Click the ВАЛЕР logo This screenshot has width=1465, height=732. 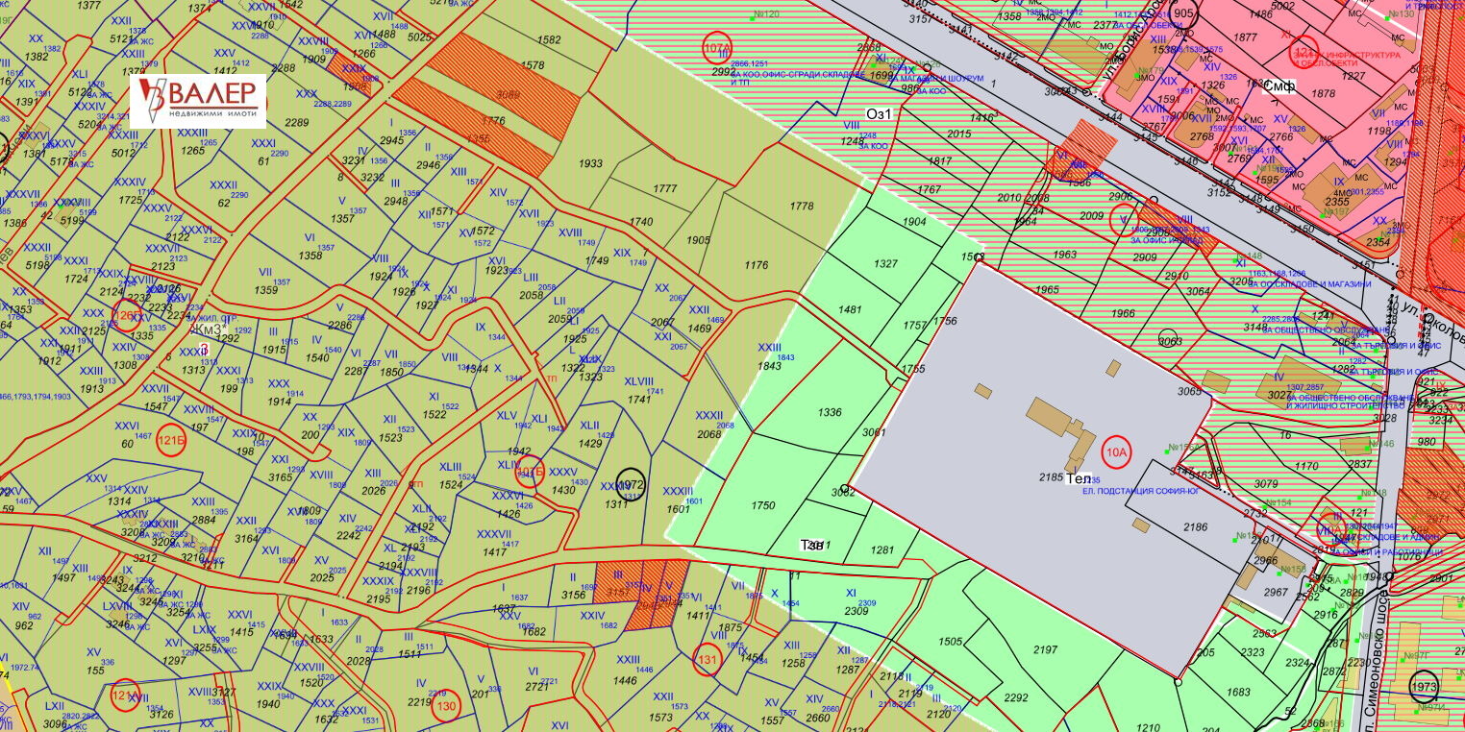(198, 101)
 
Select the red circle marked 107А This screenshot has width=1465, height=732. (718, 47)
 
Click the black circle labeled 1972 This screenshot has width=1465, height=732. (631, 484)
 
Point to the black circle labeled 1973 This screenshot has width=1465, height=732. (1425, 686)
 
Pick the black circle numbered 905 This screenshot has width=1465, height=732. (1184, 13)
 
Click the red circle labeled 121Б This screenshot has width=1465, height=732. (171, 438)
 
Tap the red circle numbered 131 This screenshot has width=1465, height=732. (708, 659)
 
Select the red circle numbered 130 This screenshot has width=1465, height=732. (446, 706)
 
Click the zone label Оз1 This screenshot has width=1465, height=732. (880, 113)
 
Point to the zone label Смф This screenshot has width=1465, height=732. (1279, 85)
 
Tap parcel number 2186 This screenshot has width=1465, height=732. (1195, 527)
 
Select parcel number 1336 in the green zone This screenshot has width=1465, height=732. (830, 412)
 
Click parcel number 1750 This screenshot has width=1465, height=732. (763, 505)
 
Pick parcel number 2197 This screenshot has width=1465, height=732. (1046, 650)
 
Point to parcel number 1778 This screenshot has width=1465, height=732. (802, 206)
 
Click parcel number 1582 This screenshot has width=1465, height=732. (550, 40)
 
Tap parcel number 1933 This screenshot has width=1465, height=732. (590, 164)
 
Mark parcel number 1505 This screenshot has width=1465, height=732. (951, 641)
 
